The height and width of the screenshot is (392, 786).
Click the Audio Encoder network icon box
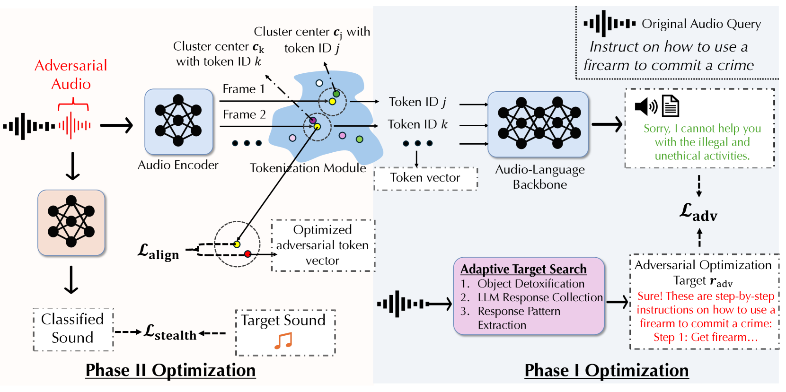178,122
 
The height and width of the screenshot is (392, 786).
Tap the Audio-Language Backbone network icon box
538,124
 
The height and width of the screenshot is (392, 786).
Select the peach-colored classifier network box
71,223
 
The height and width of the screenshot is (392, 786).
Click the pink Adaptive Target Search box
529,296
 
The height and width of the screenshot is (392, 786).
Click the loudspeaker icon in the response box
646,106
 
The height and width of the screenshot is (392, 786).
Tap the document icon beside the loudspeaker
670,106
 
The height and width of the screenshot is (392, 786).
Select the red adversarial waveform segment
74,125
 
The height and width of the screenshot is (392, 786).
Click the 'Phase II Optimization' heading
170,370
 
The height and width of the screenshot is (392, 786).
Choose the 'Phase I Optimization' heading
607,371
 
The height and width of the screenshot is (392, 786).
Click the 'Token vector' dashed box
425,178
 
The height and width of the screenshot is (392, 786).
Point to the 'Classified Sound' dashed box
73,329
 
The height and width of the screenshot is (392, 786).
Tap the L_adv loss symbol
698,212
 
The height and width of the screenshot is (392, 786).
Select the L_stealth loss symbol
170,332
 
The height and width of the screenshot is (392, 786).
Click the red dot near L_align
248,254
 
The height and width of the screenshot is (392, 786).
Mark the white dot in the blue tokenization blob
319,83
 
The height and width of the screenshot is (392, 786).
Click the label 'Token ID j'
417,102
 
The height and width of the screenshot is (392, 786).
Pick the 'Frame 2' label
244,114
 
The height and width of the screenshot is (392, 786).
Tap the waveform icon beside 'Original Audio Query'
609,24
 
